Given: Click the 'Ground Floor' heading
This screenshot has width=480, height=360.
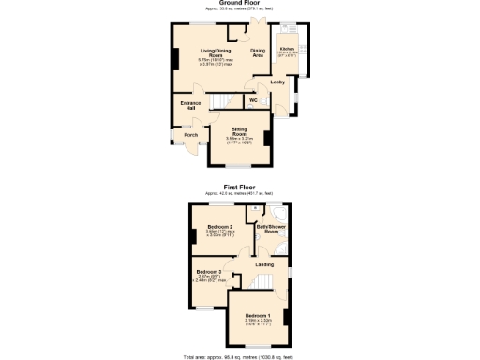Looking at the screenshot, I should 240,3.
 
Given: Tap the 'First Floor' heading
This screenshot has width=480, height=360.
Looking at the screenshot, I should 240,187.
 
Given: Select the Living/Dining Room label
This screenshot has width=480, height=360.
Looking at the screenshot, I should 217,52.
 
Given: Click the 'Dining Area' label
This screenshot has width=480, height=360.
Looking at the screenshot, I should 257,52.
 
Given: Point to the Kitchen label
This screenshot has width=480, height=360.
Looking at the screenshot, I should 287,48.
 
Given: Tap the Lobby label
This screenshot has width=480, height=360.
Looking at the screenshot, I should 277,82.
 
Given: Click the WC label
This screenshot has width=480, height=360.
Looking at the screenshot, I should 253,99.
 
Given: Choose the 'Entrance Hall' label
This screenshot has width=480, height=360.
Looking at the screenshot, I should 189,106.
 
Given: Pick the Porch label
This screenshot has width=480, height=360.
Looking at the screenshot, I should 190,134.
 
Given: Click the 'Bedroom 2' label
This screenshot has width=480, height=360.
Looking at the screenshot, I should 219,227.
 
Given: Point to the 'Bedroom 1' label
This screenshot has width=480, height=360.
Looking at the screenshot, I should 258,315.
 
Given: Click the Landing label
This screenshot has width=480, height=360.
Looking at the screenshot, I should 265,264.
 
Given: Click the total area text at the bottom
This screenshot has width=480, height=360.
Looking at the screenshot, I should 240,357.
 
